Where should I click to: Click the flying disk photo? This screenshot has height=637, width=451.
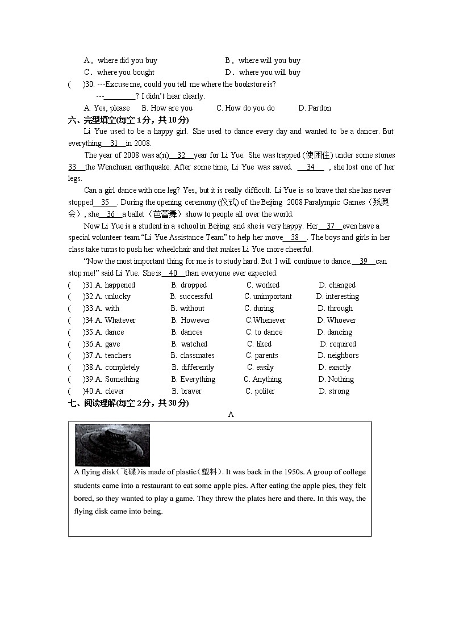click(x=112, y=445)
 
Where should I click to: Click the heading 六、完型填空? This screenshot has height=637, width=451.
click(x=128, y=120)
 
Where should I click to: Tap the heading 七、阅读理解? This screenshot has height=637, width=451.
click(x=128, y=403)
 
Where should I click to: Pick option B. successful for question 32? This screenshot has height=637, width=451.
click(x=191, y=296)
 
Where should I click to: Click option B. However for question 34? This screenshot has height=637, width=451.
click(x=191, y=320)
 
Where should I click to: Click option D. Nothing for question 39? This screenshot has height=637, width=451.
click(x=336, y=379)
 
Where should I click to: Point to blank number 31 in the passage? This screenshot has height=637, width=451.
click(x=114, y=143)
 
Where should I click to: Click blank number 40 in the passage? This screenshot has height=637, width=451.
click(x=173, y=273)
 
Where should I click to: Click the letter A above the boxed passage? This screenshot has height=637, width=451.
click(x=231, y=414)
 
